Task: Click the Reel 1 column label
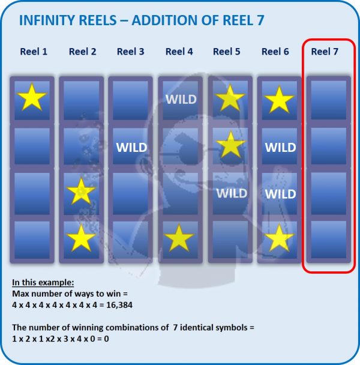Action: tap(34, 52)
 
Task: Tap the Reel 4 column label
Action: tap(179, 52)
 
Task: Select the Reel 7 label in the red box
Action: tap(325, 52)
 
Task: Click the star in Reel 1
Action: tap(32, 97)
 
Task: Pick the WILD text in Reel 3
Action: tap(132, 147)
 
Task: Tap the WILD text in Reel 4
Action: tap(181, 100)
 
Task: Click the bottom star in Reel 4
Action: tap(179, 238)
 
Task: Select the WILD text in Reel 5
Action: tap(232, 193)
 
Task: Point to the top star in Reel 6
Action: tap(279, 100)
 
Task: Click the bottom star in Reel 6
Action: tap(279, 238)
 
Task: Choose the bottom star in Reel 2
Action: tap(81, 238)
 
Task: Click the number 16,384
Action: tap(119, 305)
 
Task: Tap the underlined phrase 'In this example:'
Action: tap(43, 282)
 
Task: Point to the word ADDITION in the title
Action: tap(164, 20)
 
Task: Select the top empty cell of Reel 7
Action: tap(329, 100)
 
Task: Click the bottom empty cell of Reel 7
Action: tap(329, 240)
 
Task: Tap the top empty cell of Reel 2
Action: tap(81, 100)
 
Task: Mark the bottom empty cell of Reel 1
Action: tap(32, 240)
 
